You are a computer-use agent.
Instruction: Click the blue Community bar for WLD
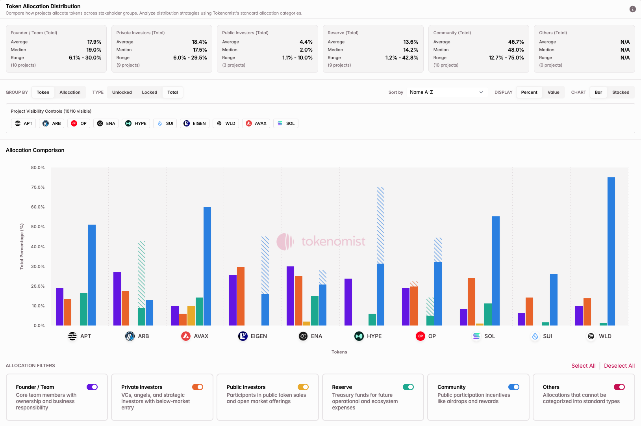pos(611,252)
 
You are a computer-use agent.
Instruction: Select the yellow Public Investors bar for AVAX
pos(191,316)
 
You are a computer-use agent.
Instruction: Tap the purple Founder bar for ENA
pos(290,296)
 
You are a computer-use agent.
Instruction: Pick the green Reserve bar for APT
pos(83,309)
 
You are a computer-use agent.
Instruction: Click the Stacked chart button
pos(621,92)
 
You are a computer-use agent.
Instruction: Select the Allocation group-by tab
pos(70,92)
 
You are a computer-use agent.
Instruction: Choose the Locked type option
pos(149,92)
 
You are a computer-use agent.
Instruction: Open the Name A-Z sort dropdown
pos(446,92)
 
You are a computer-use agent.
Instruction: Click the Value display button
pos(553,92)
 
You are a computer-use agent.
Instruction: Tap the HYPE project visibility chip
pos(136,123)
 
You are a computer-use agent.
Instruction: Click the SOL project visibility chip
pos(286,123)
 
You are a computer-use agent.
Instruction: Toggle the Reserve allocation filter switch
pos(408,387)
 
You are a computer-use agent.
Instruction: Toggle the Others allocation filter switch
pos(619,387)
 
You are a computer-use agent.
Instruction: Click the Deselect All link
pos(619,366)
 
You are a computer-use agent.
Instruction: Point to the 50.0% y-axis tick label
pos(38,227)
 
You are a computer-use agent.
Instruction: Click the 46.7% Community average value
pos(516,42)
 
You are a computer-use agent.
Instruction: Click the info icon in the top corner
pos(632,9)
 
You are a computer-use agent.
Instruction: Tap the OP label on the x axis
pos(432,336)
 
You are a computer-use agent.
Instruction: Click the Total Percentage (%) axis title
pos(22,247)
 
